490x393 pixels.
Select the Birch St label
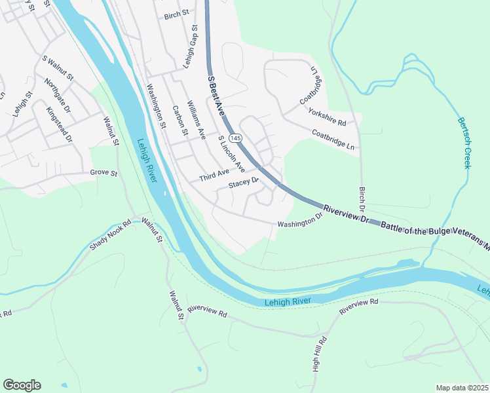click(x=176, y=14)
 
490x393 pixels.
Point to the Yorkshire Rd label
click(x=327, y=117)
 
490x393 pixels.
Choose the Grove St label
click(x=104, y=174)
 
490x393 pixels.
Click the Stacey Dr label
click(x=244, y=183)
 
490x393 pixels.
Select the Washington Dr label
click(x=300, y=220)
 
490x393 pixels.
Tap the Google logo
click(x=22, y=384)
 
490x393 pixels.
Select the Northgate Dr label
click(x=58, y=96)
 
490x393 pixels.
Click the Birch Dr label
click(x=361, y=198)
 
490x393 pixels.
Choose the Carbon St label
click(x=180, y=121)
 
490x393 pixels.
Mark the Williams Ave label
click(x=197, y=121)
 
